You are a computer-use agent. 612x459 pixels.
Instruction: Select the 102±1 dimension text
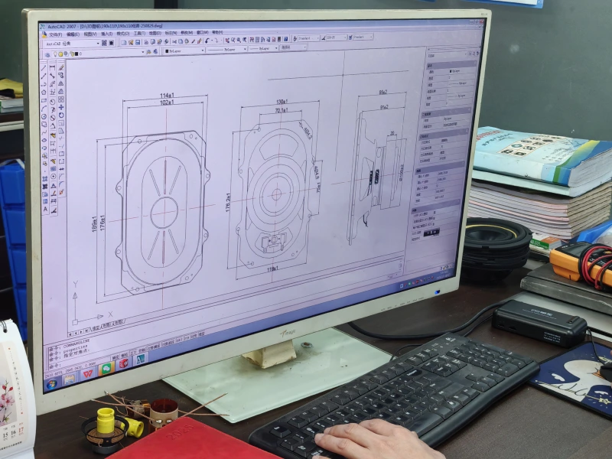[166, 103]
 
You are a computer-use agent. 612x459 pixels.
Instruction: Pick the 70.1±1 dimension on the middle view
[281, 110]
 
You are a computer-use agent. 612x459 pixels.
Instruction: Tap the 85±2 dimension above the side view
[382, 93]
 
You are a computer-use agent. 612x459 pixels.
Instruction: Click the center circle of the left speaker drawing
[164, 213]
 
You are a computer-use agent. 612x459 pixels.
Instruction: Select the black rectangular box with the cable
[539, 321]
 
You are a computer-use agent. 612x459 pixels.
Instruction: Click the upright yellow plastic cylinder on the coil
[106, 419]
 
